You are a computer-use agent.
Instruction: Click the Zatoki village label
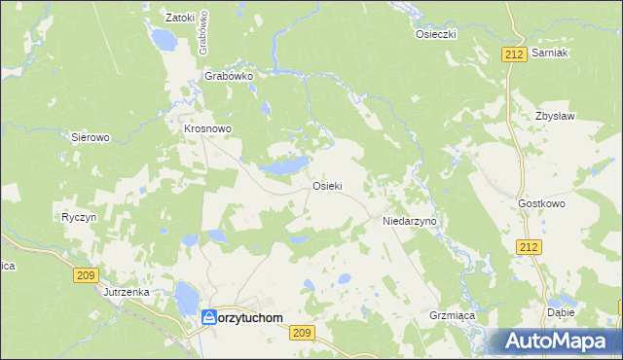click(x=180, y=18)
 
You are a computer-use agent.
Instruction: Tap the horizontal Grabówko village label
click(x=229, y=75)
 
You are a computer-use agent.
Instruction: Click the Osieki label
click(x=326, y=186)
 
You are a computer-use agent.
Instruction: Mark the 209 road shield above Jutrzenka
click(x=86, y=276)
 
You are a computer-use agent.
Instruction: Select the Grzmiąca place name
click(x=450, y=315)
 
